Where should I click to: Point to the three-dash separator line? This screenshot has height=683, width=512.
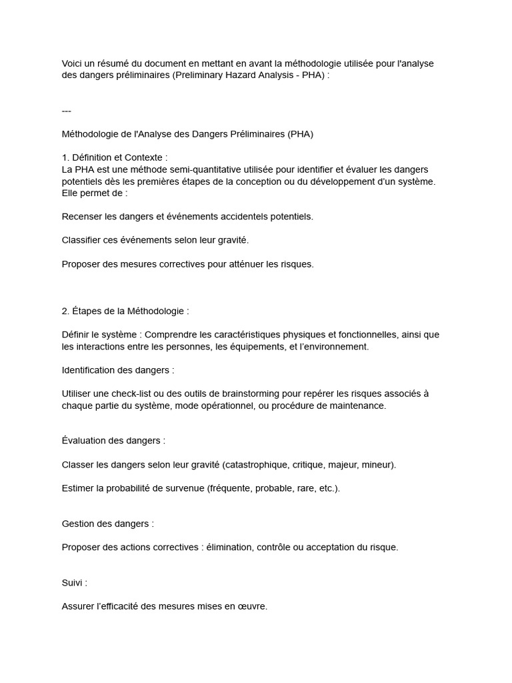(x=66, y=111)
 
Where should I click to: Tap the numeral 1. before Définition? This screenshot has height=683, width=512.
(x=65, y=157)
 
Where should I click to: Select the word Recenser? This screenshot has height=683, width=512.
(x=83, y=216)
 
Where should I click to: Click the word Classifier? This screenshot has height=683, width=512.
(x=82, y=239)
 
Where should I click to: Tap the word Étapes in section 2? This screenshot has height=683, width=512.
(x=88, y=311)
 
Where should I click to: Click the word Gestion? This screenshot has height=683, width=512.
(x=79, y=524)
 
